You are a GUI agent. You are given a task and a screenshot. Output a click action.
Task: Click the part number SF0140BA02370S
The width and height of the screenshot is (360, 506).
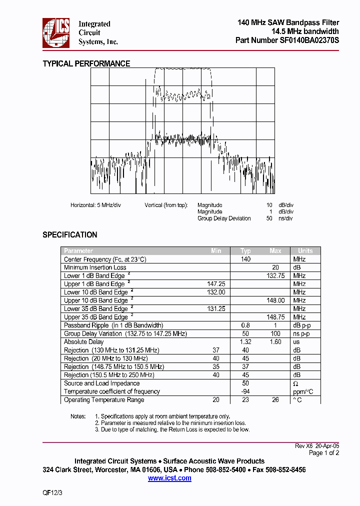click(309, 40)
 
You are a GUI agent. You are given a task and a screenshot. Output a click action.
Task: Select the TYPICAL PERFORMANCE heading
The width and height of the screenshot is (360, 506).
click(86, 63)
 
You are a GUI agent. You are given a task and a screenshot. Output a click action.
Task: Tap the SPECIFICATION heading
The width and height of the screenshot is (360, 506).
click(69, 234)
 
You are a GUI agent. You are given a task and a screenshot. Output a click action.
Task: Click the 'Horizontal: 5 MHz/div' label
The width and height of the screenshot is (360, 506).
click(95, 205)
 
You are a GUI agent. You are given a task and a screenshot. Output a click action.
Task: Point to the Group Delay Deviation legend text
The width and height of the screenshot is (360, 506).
click(224, 218)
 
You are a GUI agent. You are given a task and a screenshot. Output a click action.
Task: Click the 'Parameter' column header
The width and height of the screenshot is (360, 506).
click(78, 251)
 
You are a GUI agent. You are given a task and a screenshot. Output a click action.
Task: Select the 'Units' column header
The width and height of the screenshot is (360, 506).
click(305, 251)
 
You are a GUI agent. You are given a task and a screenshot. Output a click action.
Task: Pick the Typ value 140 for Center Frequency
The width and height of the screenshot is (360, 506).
click(245, 259)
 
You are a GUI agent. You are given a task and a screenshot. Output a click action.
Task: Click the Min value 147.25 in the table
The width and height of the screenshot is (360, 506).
click(216, 284)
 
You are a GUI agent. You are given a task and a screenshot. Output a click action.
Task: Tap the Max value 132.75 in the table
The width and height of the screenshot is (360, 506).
click(275, 276)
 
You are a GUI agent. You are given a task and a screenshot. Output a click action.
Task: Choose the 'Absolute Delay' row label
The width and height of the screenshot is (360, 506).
click(83, 342)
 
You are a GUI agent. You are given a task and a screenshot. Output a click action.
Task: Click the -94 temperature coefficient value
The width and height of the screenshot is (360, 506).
click(245, 391)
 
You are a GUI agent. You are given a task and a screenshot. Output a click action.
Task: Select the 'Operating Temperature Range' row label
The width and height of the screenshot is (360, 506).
click(104, 400)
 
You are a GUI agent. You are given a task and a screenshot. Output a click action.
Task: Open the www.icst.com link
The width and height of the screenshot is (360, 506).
click(169, 478)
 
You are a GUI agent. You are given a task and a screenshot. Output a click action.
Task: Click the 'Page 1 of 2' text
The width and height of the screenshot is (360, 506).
click(324, 453)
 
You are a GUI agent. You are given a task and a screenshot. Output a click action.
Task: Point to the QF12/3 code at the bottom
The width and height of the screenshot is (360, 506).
click(53, 492)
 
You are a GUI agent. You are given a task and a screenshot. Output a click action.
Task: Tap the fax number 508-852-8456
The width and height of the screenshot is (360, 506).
click(285, 470)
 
